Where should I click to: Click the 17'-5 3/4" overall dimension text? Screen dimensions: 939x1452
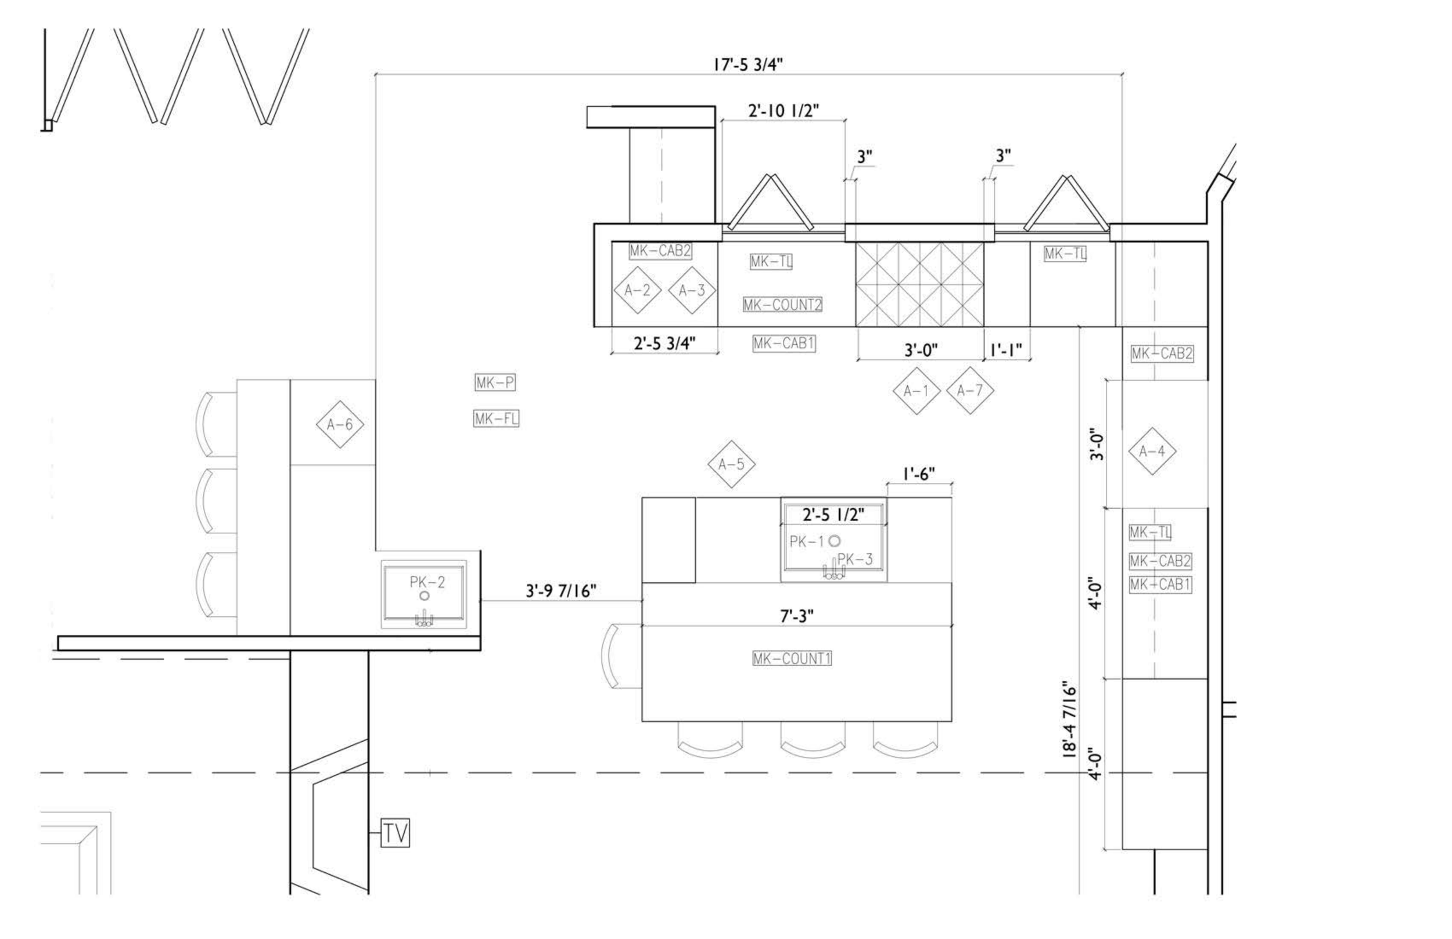(x=748, y=64)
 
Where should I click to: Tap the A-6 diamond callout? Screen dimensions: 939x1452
(x=340, y=424)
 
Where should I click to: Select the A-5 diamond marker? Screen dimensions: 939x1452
(x=731, y=465)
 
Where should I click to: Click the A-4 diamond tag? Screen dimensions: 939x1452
(x=1152, y=451)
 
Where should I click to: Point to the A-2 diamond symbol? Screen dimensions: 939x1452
(x=637, y=290)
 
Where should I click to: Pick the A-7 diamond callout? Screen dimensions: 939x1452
(x=969, y=391)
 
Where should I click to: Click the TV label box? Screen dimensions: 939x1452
(x=396, y=833)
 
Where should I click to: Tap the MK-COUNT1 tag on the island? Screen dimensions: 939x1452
(x=792, y=659)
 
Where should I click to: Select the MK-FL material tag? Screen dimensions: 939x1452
(x=496, y=419)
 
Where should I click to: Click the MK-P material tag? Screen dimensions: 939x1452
(x=495, y=383)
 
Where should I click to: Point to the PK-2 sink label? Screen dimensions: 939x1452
(x=427, y=582)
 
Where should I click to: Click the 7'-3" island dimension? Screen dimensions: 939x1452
(x=797, y=616)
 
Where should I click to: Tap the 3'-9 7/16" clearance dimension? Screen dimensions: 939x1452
(x=560, y=591)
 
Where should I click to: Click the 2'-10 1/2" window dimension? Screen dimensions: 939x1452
(x=783, y=110)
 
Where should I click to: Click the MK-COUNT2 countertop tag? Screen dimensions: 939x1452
(x=782, y=305)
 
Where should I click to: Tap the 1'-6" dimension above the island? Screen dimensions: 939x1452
(x=918, y=474)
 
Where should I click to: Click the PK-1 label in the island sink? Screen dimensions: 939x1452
(x=807, y=541)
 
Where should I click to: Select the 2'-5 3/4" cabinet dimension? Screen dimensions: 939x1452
(x=664, y=344)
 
